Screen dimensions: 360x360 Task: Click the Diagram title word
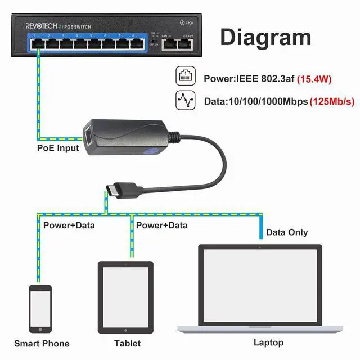pos(265,37)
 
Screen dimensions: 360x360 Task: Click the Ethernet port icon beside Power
pos(186,78)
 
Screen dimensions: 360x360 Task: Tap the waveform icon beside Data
pos(186,101)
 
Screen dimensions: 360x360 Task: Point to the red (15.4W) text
pos(314,79)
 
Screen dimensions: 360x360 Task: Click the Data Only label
pos(287,232)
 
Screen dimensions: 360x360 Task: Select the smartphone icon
pos(40,309)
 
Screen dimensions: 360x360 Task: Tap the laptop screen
pos(260,283)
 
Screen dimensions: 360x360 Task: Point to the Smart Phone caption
pos(42,343)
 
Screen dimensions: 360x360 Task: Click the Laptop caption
pos(268,342)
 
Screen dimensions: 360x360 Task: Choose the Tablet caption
pos(127,343)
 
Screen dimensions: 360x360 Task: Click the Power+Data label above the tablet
pos(162,225)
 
